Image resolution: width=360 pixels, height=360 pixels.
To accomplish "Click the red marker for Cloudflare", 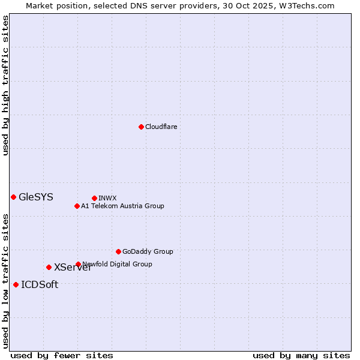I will pyautogui.click(x=141, y=127).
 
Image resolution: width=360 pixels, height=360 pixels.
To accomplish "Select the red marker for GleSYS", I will pyautogui.click(x=13, y=197).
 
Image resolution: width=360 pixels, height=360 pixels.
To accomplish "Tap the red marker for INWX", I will pyautogui.click(x=94, y=198).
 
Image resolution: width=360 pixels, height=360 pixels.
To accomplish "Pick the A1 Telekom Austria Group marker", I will pyautogui.click(x=77, y=206).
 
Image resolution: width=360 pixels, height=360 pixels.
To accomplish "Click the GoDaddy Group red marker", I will pyautogui.click(x=118, y=251).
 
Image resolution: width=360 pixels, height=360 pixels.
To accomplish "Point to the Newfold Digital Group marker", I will pyautogui.click(x=78, y=264).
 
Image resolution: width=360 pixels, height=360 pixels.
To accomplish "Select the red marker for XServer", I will pyautogui.click(x=49, y=267).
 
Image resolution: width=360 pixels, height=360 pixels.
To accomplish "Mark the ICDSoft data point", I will pyautogui.click(x=16, y=284).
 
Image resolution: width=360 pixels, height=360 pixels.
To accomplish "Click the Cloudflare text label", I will pyautogui.click(x=161, y=127).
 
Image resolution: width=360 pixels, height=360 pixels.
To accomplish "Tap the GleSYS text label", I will pyautogui.click(x=36, y=197).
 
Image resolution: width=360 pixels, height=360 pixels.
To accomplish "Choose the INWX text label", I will pyautogui.click(x=107, y=198).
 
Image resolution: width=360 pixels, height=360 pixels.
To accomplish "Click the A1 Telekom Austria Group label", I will pyautogui.click(x=122, y=206).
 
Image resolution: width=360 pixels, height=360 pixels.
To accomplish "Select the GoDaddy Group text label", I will pyautogui.click(x=148, y=251).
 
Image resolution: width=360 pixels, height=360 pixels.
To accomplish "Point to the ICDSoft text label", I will pyautogui.click(x=40, y=284).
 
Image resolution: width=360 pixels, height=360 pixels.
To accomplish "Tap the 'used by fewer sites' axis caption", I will pyautogui.click(x=62, y=355).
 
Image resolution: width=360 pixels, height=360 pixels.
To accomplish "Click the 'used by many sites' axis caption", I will pyautogui.click(x=301, y=355).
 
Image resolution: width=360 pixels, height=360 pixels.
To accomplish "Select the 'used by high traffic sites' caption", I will pyautogui.click(x=5, y=85).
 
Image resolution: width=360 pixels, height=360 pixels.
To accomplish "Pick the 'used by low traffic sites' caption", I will pyautogui.click(x=5, y=281).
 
